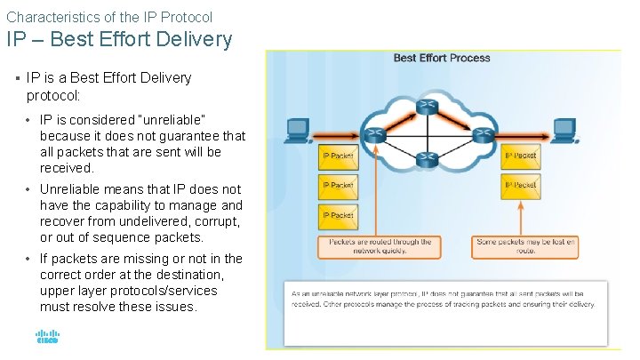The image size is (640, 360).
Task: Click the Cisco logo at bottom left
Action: tap(46, 337)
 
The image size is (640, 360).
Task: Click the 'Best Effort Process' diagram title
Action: tap(442, 59)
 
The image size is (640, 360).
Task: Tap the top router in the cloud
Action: tap(428, 107)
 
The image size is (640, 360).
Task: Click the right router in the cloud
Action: tap(483, 134)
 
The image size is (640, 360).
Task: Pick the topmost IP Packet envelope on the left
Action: tap(338, 156)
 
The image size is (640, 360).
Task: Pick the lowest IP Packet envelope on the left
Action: tap(338, 215)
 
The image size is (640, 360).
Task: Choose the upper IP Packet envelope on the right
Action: tap(520, 156)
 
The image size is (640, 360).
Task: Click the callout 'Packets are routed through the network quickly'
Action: tap(380, 246)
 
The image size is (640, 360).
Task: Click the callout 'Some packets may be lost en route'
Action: tap(525, 246)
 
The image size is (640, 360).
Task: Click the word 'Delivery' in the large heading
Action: tap(192, 40)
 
